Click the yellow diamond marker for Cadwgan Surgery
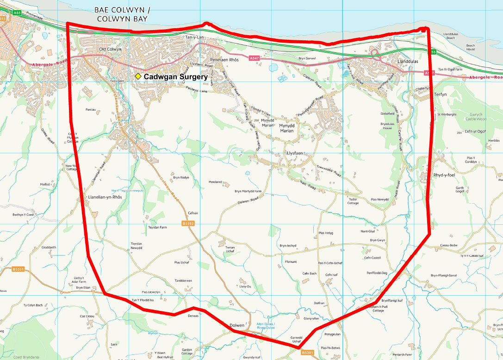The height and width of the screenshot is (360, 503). [138, 76]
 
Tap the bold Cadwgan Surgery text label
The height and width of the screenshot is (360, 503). [175, 76]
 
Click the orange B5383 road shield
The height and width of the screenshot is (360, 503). [188, 223]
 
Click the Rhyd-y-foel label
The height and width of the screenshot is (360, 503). [444, 175]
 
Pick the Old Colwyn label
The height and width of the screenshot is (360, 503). [110, 49]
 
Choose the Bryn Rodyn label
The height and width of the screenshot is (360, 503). [181, 177]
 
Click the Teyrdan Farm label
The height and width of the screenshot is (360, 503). [157, 227]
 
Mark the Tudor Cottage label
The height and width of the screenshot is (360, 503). [353, 201]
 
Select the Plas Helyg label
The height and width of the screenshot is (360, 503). [326, 233]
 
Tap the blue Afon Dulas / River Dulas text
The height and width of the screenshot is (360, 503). [265, 326]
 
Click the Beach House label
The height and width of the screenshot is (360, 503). [470, 47]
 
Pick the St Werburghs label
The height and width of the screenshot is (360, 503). [447, 114]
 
